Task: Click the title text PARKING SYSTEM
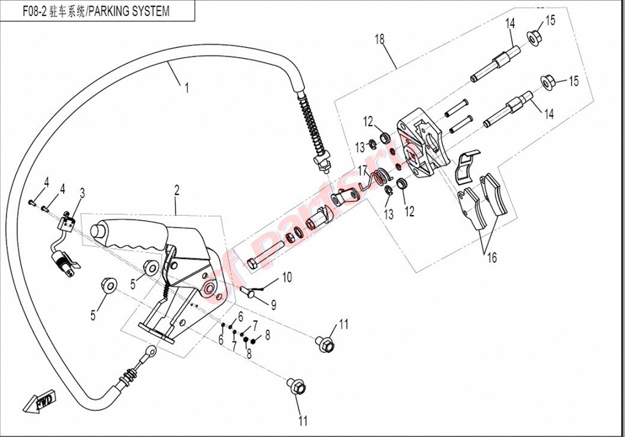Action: [128, 11]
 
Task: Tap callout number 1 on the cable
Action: [186, 88]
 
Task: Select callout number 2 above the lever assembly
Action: [176, 191]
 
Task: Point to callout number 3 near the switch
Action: [82, 193]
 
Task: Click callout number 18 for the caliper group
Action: [380, 39]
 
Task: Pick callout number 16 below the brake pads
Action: [492, 257]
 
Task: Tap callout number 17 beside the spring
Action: [363, 171]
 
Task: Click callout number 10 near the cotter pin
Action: [287, 277]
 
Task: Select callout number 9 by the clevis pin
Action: [273, 305]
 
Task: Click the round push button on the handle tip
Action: [97, 231]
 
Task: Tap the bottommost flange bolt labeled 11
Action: [297, 386]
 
